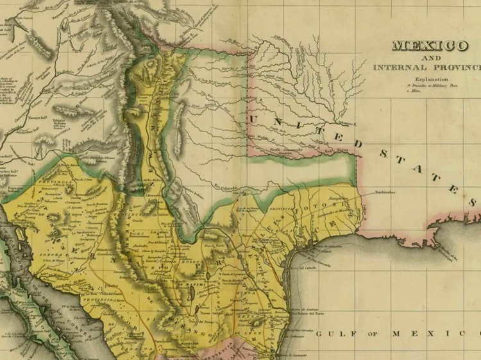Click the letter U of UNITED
pyautogui.click(x=256, y=119)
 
